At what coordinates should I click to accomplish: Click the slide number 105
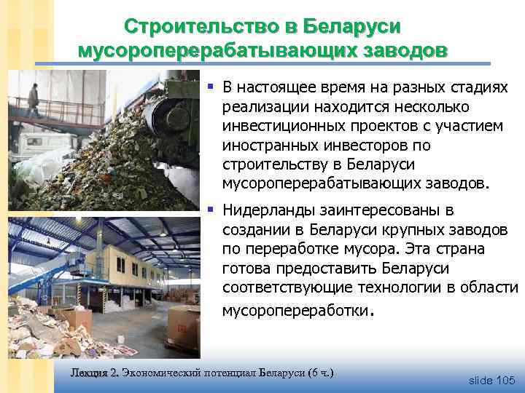(505, 381)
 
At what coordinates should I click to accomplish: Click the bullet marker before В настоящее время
(210, 87)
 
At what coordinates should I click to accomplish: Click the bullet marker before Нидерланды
(210, 210)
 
